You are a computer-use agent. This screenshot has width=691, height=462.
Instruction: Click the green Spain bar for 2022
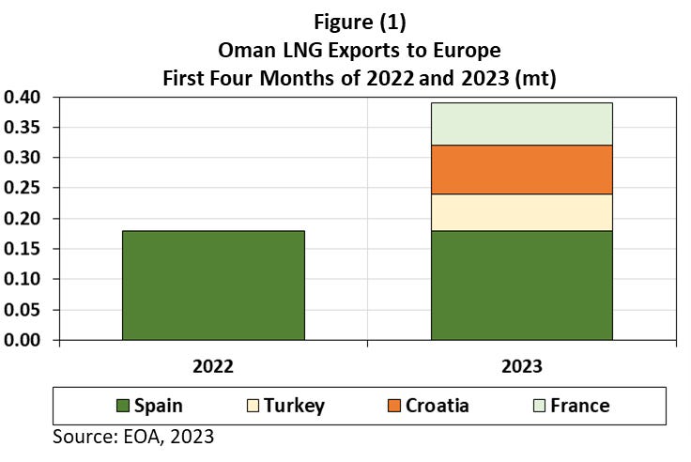click(213, 285)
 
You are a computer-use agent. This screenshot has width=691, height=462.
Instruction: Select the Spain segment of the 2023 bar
click(521, 285)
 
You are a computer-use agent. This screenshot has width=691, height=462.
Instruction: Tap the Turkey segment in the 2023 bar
click(521, 212)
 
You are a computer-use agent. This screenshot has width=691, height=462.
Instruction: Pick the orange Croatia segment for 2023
click(521, 170)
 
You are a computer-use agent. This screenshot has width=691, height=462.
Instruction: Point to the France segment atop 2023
click(521, 124)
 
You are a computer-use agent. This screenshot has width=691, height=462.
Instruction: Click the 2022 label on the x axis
click(213, 365)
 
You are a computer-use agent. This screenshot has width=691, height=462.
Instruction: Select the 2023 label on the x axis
click(521, 365)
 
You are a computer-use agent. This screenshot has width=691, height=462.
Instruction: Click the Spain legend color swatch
click(121, 407)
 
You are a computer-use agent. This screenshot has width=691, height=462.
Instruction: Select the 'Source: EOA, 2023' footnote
click(133, 437)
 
